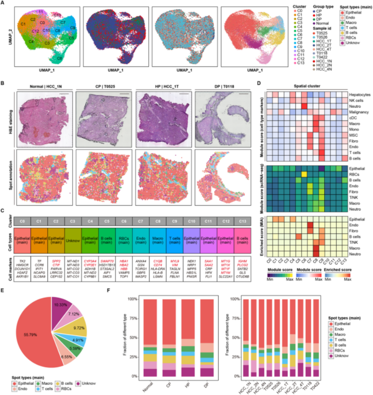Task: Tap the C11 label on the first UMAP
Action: pyautogui.click(x=41, y=11)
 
